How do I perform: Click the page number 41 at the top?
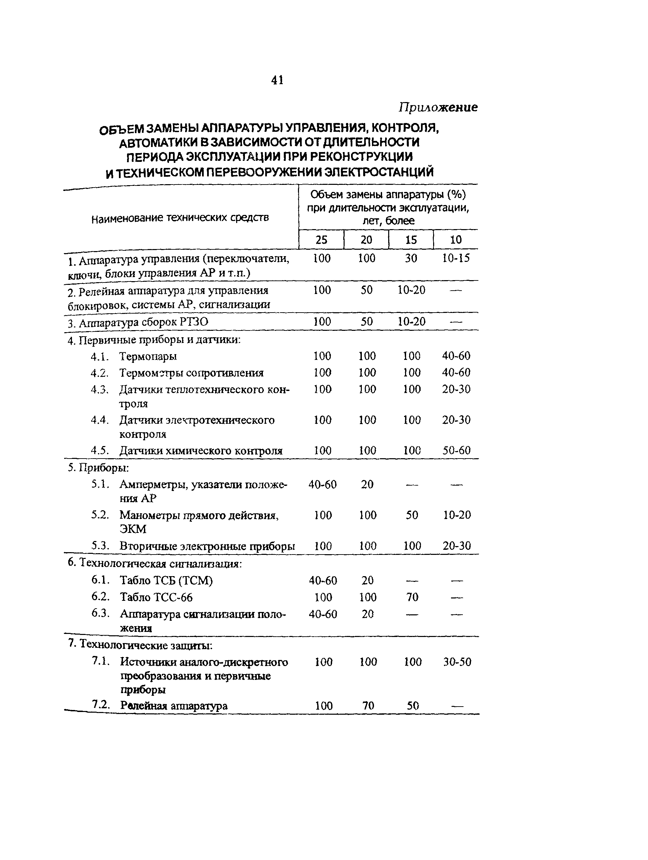point(277,80)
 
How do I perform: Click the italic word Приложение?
point(438,107)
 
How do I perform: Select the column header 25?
point(321,240)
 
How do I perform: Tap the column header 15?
point(411,240)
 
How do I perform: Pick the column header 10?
point(455,240)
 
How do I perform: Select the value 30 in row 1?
point(411,258)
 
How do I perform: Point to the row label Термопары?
point(148,356)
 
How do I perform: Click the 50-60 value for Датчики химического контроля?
point(457,450)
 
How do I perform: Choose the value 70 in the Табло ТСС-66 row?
point(412,597)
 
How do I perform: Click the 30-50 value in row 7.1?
point(457,662)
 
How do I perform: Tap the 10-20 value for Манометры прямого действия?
point(457,515)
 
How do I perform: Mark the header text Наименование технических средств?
point(180,218)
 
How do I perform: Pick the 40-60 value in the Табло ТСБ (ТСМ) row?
point(323,581)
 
